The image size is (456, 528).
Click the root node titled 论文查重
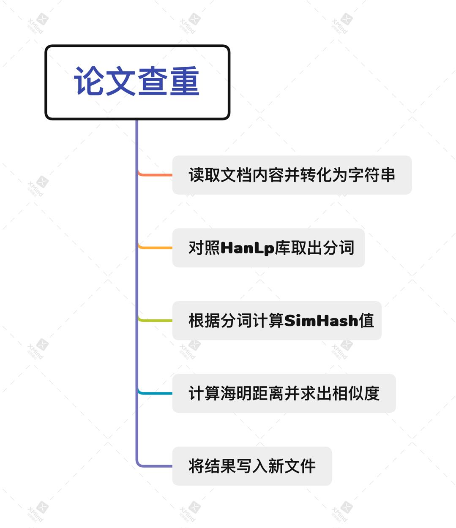tap(137, 82)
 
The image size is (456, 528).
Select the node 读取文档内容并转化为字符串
tap(292, 175)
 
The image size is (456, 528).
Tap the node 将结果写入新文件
tap(252, 466)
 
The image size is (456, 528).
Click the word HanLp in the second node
tap(247, 248)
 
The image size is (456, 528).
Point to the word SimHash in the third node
tap(321, 321)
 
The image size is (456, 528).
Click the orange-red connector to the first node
tap(156, 174)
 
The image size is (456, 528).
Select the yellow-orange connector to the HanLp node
tap(156, 248)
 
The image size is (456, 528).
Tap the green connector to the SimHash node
tap(156, 320)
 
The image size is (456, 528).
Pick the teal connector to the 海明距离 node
tap(156, 393)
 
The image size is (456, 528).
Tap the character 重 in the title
tap(184, 81)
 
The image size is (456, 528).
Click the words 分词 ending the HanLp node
tap(339, 248)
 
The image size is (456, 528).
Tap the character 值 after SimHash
tap(366, 321)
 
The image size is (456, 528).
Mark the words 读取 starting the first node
tap(204, 175)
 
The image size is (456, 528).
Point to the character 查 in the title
tap(153, 81)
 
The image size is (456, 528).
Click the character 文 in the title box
tap(120, 81)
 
